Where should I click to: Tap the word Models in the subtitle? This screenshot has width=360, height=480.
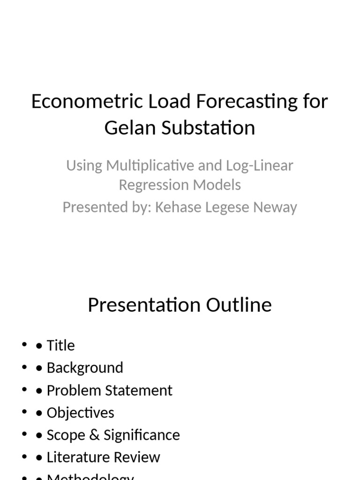click(x=219, y=185)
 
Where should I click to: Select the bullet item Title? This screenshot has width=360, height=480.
click(x=60, y=345)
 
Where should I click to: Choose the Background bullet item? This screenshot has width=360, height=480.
click(x=85, y=368)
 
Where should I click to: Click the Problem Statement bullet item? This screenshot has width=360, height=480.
click(x=109, y=390)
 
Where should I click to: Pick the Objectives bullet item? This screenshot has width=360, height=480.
click(x=80, y=413)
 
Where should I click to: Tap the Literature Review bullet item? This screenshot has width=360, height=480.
click(x=103, y=457)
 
